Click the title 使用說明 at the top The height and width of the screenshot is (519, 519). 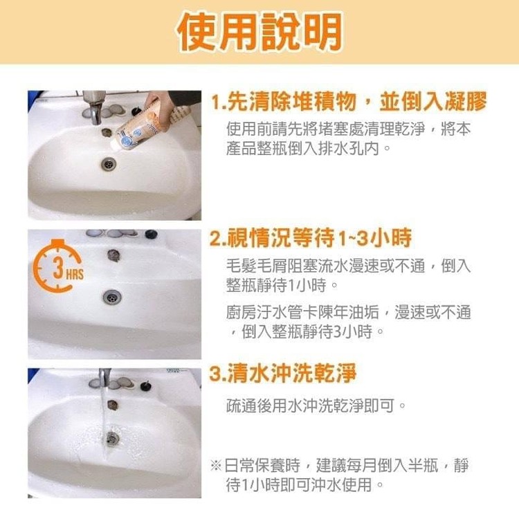259,31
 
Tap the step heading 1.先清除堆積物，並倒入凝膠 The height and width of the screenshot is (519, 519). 349,101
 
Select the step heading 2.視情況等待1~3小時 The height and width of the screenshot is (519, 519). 311,237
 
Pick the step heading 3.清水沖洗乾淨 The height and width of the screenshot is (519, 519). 283,373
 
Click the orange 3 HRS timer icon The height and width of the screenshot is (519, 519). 59,266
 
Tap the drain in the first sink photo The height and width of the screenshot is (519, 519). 109,164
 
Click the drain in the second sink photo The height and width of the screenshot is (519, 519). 112,297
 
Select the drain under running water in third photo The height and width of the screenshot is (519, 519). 112,439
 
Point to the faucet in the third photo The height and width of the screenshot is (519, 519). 104,377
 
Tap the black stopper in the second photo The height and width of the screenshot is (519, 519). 151,235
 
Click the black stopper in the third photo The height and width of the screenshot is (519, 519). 145,385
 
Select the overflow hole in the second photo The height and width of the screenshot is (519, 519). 113,255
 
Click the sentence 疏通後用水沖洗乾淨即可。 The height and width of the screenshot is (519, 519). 316,405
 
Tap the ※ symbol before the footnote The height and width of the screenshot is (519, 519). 216,466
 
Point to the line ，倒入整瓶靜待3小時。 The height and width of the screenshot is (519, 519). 307,331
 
